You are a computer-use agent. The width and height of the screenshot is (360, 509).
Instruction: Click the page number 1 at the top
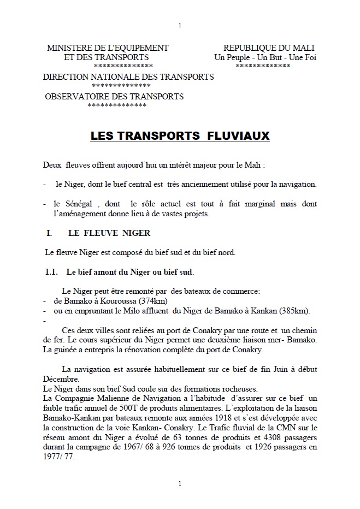click(180, 25)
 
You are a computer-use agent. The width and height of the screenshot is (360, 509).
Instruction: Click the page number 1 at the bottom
click(180, 483)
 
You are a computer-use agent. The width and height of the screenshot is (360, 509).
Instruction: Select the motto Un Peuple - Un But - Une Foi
click(265, 57)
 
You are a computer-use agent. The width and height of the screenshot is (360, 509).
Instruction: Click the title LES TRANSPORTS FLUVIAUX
click(180, 135)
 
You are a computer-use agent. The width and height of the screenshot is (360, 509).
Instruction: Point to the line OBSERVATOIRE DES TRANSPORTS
click(114, 97)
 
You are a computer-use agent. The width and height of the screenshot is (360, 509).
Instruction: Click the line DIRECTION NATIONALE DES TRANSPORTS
click(128, 77)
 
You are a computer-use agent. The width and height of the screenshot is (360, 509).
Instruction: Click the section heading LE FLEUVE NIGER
click(109, 233)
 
